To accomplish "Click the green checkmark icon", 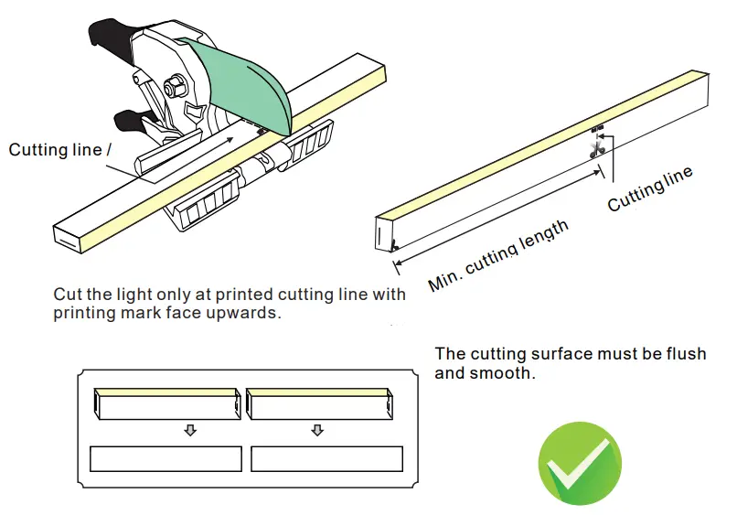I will pos(579,464).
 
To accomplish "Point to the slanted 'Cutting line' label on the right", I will pos(650,189).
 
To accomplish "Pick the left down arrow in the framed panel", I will pos(190,430).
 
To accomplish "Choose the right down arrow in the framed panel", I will pos(317,430).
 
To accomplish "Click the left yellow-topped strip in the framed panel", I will pos(166,403).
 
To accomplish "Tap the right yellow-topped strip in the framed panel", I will pos(320,403).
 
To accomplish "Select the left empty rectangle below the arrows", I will pos(166,458).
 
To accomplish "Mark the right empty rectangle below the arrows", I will pos(326,458).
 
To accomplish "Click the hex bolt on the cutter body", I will pos(171,87).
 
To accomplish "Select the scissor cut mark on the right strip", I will pos(598,146).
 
